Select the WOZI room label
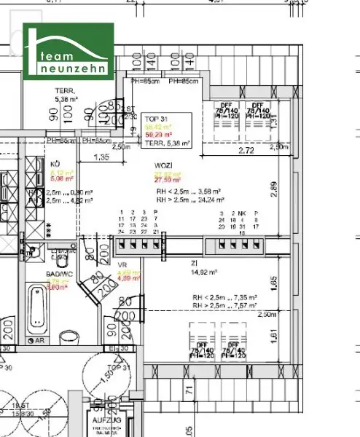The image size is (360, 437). [x=164, y=165]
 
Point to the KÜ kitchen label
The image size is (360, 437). [x=55, y=164]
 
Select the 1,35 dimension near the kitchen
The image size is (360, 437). [x=102, y=157]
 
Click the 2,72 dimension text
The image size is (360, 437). [x=247, y=150]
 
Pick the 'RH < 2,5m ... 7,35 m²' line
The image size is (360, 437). [x=224, y=299]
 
